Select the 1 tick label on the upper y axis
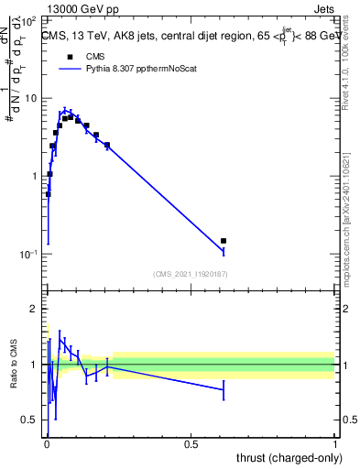coord(36,176)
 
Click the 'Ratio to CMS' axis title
coord(13,365)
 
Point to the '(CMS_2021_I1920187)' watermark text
coord(191,274)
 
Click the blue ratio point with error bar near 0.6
coord(224,389)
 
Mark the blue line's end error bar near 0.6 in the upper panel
coord(224,250)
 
